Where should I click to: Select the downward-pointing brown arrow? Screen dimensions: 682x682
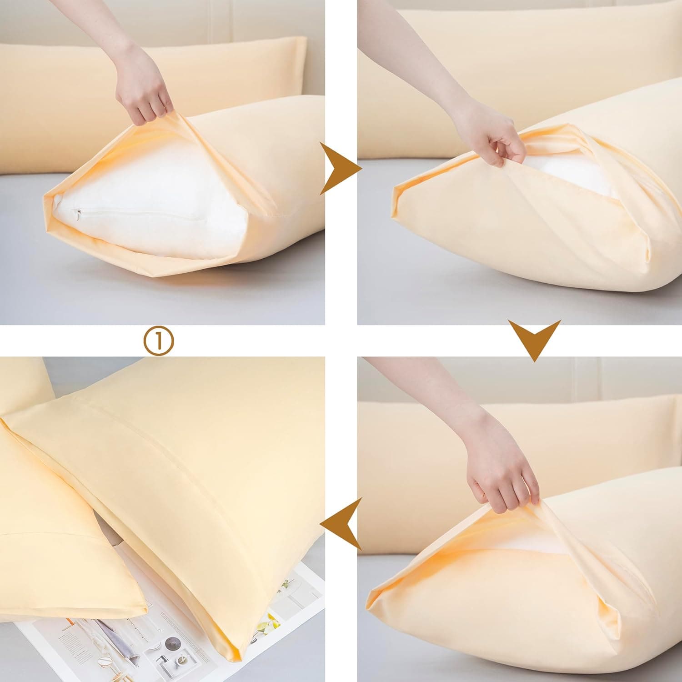tap(534, 339)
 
